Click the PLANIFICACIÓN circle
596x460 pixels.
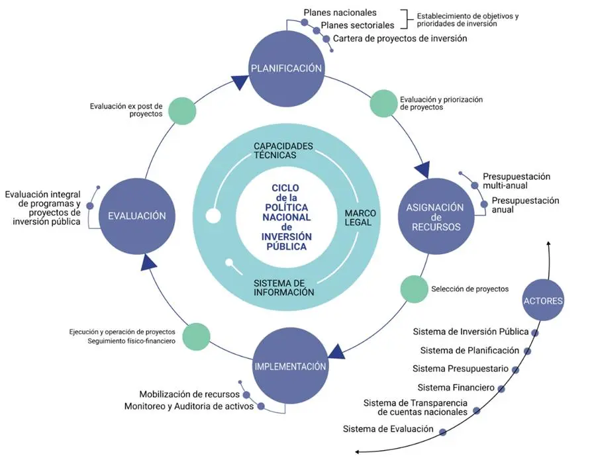(x=287, y=68)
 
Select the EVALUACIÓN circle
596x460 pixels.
(x=137, y=216)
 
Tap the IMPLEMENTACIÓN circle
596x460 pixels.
(x=291, y=367)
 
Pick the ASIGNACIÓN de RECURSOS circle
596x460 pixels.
(x=436, y=216)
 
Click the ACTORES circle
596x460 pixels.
(x=543, y=300)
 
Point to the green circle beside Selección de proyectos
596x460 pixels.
(x=415, y=289)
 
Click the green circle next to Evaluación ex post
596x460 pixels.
(x=182, y=111)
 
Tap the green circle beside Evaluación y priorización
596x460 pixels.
(x=383, y=103)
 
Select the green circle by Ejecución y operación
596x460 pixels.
(x=196, y=336)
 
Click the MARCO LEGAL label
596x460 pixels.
(x=360, y=218)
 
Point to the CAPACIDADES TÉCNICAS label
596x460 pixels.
(x=283, y=150)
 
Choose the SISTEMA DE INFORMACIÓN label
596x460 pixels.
(x=284, y=287)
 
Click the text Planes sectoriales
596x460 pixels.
(x=358, y=25)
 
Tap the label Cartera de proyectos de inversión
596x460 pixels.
(x=400, y=38)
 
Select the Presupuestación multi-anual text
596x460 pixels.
(x=516, y=181)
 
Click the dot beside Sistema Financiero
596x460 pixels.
(x=501, y=389)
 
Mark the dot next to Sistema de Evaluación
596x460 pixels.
(x=442, y=432)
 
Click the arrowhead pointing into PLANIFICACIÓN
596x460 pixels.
(x=240, y=81)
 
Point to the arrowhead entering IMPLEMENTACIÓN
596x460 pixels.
(x=337, y=352)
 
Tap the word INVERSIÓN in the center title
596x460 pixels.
(x=286, y=237)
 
